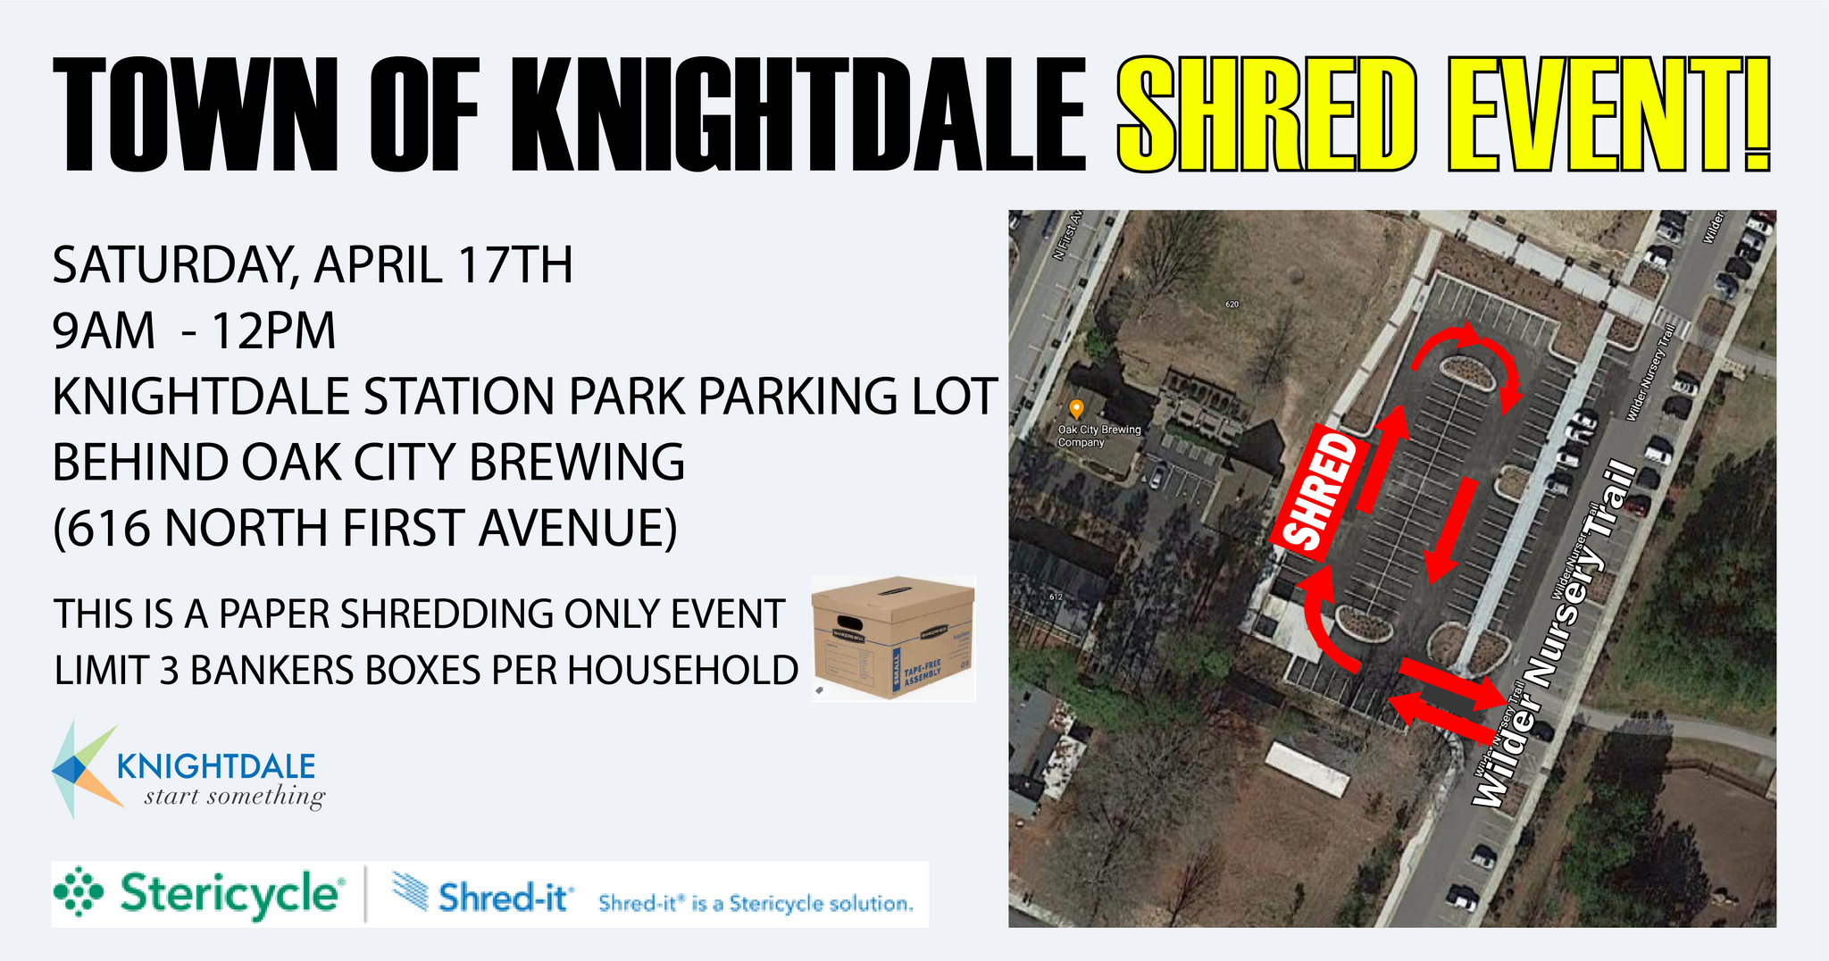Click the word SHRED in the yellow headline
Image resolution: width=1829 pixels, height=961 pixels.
[1266, 113]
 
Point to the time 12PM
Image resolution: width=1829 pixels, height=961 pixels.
[272, 331]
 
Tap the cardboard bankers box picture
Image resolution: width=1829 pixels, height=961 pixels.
[892, 638]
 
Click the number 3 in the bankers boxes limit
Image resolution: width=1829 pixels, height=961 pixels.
[170, 671]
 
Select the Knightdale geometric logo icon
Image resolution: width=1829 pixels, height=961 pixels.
[85, 769]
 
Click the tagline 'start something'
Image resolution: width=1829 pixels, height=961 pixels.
[234, 796]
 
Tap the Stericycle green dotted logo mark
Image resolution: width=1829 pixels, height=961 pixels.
[79, 891]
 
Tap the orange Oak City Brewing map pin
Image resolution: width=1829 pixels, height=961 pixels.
[1076, 409]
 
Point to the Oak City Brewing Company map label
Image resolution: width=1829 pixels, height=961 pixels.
[1098, 436]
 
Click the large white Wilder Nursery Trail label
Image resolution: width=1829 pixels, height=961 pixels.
[1555, 638]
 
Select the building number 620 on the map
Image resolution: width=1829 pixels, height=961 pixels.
[1232, 305]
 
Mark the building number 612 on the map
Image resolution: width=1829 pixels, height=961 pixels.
[1056, 597]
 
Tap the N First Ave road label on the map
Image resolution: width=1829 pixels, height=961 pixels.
[1069, 234]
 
